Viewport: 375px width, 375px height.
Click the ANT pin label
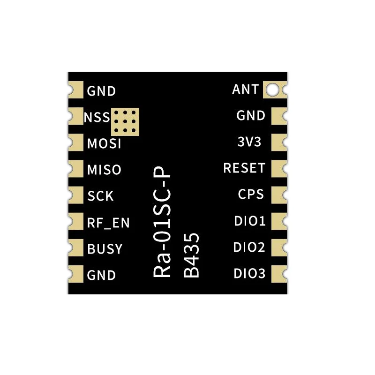(x=245, y=89)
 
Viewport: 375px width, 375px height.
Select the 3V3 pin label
(x=249, y=142)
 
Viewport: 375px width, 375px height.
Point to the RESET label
(x=244, y=168)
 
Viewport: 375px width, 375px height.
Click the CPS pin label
(x=251, y=195)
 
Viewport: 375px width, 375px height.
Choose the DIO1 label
(x=250, y=221)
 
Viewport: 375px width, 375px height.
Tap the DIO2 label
(x=250, y=247)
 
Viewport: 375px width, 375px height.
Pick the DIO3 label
(x=250, y=273)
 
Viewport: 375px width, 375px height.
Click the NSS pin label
(x=97, y=117)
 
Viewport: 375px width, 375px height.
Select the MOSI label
(x=104, y=143)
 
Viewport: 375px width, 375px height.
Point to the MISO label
(x=104, y=170)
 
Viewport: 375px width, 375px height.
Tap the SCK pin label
(x=100, y=196)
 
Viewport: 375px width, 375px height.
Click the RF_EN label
(x=108, y=223)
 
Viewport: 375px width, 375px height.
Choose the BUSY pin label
(x=105, y=249)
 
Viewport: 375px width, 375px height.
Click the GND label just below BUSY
(x=101, y=275)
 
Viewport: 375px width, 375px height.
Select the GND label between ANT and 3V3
(x=251, y=115)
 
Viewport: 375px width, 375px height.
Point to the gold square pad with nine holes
(x=125, y=121)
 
